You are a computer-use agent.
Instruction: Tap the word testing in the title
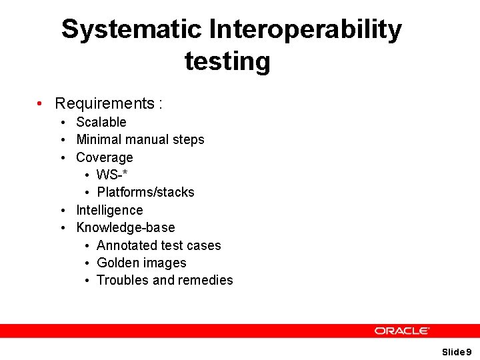pos(227,61)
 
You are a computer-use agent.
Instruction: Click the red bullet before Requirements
pos(41,104)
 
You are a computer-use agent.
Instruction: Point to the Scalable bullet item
pos(101,122)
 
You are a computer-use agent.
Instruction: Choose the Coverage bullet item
pos(104,157)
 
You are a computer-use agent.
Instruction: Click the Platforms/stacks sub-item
pos(145,192)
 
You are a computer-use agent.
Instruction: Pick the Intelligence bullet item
pos(109,210)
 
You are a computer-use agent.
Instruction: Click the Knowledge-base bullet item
pos(125,227)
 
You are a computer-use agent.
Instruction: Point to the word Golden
pos(119,263)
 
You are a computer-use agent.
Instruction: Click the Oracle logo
pos(401,331)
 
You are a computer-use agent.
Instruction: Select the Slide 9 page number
pos(457,351)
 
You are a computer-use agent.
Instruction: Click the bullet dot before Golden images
pos(88,263)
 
